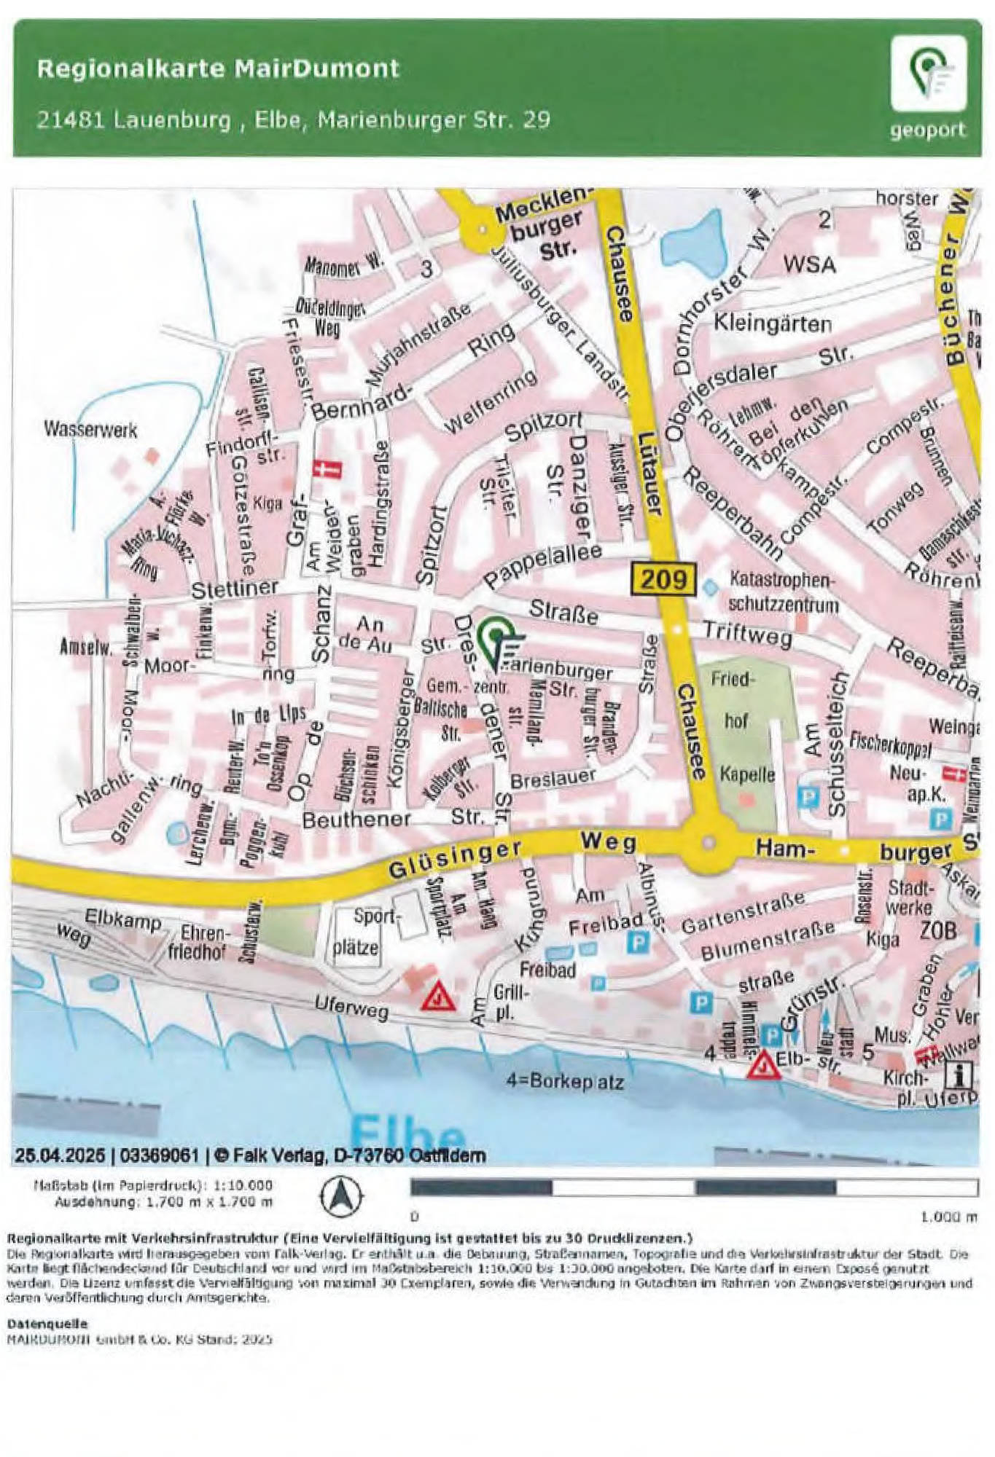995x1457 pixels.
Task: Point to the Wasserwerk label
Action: click(x=90, y=430)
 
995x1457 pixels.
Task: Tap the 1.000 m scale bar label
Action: click(x=948, y=1217)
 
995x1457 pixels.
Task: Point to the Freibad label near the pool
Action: click(x=547, y=970)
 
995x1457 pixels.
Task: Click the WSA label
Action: click(x=809, y=264)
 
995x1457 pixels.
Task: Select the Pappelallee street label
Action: click(x=543, y=565)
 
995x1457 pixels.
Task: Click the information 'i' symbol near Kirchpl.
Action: click(x=961, y=1075)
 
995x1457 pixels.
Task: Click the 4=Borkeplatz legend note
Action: click(x=565, y=1082)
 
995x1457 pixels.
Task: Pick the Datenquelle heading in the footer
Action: click(x=36, y=1324)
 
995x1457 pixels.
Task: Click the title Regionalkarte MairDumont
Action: click(x=218, y=69)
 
